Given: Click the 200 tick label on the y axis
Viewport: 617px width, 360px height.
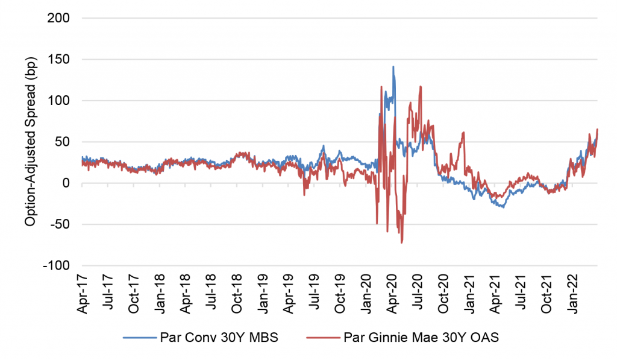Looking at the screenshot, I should point(60,18).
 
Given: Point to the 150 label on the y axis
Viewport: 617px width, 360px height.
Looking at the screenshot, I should point(60,60).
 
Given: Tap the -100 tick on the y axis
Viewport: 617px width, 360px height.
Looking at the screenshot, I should point(57,266).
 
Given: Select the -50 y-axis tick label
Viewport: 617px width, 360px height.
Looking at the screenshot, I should point(60,224).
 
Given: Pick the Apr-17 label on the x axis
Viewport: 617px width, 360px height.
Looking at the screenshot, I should point(83,292).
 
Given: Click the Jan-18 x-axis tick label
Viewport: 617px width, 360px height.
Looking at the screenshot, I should point(160,292).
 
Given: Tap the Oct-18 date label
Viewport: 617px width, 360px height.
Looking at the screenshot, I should point(237,292).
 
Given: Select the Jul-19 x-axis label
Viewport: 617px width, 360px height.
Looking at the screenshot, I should point(315,292).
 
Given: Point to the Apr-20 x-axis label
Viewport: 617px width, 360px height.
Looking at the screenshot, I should point(392,292).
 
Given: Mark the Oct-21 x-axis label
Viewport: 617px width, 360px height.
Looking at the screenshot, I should point(547,292).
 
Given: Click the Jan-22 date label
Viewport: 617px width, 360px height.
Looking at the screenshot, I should point(573,292).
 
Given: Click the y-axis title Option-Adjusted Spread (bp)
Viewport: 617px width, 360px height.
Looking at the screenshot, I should point(29,142).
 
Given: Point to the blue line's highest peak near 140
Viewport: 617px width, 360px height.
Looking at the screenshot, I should point(393,66).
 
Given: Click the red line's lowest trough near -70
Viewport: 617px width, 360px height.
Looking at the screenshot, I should point(402,242).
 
